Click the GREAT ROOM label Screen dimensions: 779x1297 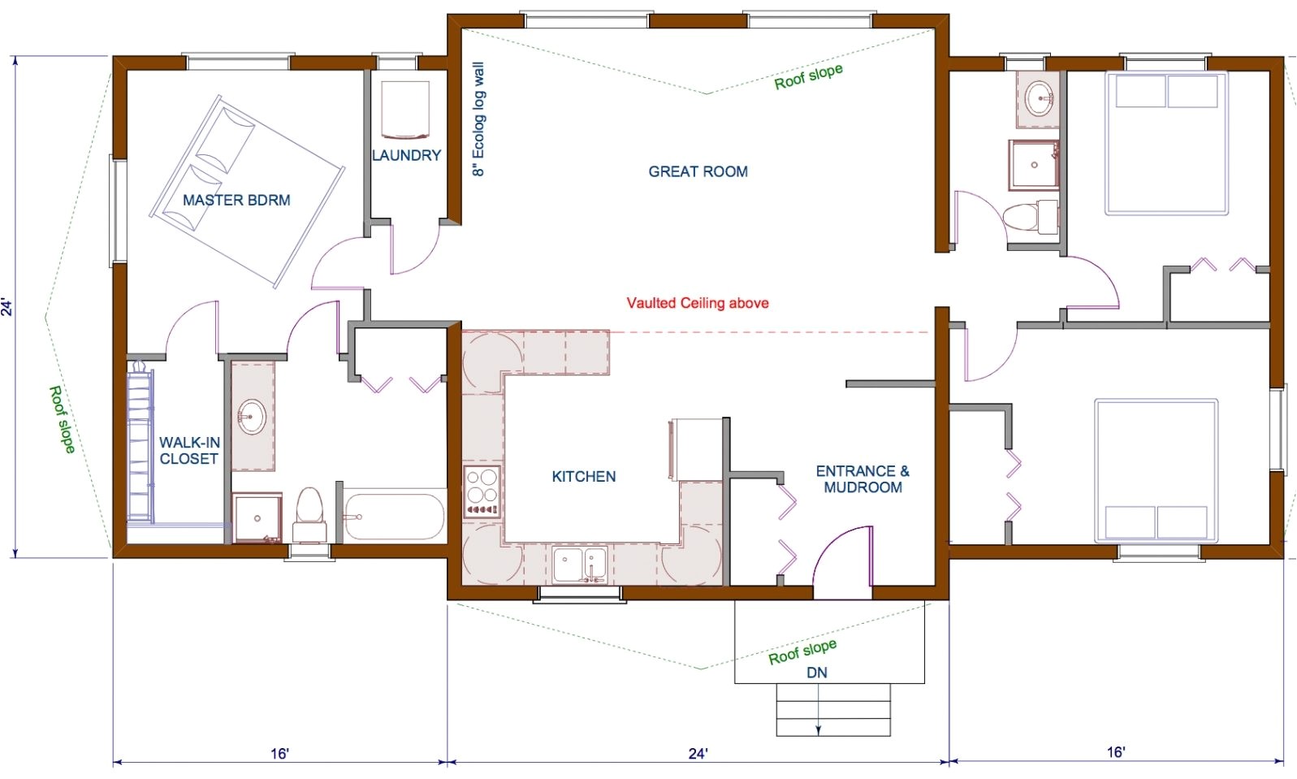point(698,171)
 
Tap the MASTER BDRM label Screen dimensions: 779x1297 point(236,200)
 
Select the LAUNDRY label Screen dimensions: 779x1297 point(406,155)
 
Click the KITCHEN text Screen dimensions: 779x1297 point(583,477)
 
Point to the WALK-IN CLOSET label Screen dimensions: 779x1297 point(189,451)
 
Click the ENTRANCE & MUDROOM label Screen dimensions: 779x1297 point(863,479)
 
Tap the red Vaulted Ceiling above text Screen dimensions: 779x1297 point(697,303)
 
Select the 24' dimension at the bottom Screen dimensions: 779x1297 point(698,753)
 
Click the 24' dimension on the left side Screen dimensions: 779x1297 point(8,307)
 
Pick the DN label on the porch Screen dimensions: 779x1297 point(817,673)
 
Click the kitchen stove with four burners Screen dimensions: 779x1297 point(482,491)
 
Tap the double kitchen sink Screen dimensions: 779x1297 point(580,564)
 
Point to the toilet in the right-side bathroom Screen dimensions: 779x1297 point(1028,217)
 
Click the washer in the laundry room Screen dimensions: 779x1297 point(404,109)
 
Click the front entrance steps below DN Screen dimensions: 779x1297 point(833,710)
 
